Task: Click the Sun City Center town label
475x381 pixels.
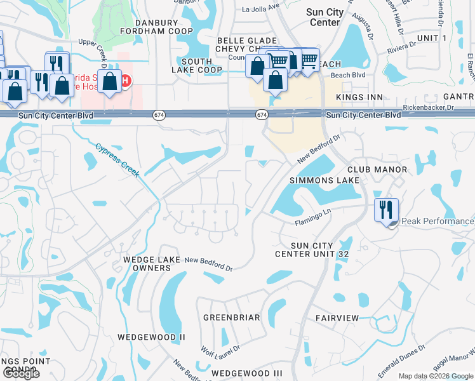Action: pos(325,17)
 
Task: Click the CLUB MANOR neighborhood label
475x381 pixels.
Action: pos(377,170)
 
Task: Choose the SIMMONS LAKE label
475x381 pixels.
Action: pos(324,180)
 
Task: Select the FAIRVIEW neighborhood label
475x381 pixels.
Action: pos(337,317)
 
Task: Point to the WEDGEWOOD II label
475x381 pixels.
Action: pos(151,337)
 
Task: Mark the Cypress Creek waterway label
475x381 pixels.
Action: pos(117,159)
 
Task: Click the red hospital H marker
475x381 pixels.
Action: pos(126,81)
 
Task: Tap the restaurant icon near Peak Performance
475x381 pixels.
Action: pos(386,210)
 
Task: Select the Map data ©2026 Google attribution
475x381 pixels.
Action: pos(436,376)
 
